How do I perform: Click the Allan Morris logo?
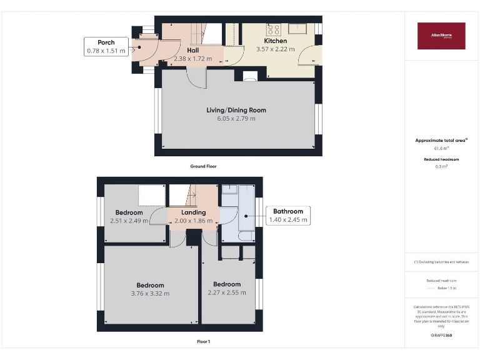pos(441,36)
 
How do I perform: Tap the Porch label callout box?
pos(105,47)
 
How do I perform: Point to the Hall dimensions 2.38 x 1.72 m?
pos(193,59)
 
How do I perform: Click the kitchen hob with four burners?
pos(274,28)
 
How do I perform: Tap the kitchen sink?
pos(297,27)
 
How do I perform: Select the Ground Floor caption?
pos(203,166)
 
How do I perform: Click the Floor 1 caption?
pos(203,342)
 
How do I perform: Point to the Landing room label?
pos(194,212)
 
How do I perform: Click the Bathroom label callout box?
pos(287,216)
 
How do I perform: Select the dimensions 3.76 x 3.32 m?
pos(150,293)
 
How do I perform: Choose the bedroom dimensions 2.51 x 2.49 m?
pos(129,220)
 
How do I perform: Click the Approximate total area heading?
pos(441,141)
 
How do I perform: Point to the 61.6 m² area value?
pos(441,149)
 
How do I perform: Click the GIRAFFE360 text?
pos(441,336)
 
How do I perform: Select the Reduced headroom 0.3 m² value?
pos(441,166)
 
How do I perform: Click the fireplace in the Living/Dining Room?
pos(249,76)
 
